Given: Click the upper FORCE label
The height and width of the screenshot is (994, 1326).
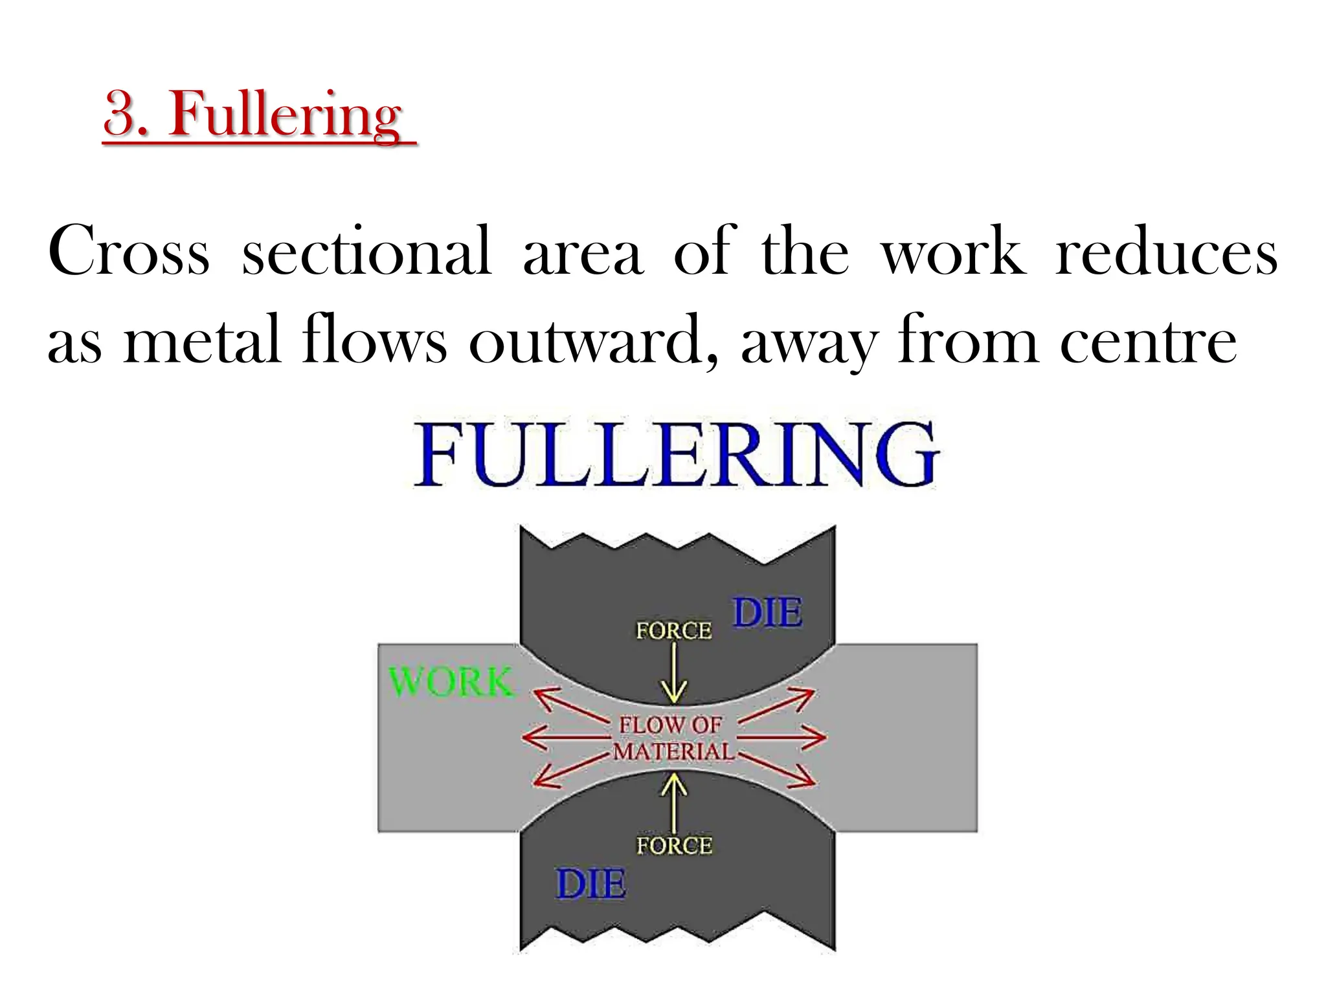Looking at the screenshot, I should coord(673,630).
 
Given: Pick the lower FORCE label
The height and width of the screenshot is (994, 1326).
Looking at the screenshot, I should coord(674,845).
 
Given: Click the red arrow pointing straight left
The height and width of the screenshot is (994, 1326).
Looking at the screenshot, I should coord(563,737).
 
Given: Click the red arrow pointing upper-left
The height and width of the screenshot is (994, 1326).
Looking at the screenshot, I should coord(570,705).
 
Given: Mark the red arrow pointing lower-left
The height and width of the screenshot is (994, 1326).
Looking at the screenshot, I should coord(570,771).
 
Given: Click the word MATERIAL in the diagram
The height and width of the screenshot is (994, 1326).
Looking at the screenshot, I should coord(673,751).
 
